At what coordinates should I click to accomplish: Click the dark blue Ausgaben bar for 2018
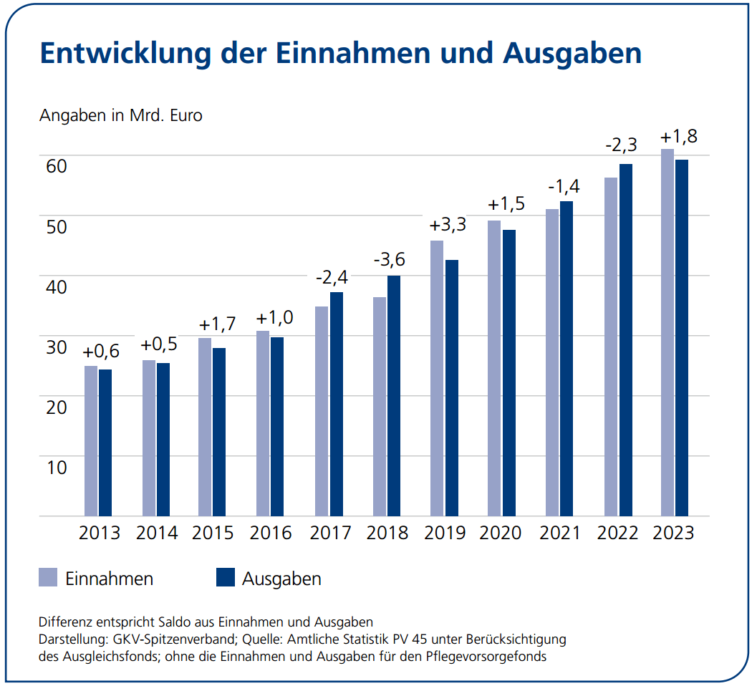point(394,395)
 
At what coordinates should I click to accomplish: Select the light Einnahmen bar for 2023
point(667,332)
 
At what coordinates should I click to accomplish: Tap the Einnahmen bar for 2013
point(91,440)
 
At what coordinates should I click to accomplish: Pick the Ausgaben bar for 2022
point(625,339)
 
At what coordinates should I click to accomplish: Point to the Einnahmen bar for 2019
point(437,378)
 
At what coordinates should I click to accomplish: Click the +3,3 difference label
point(448,225)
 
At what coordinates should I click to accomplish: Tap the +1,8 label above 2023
point(678,136)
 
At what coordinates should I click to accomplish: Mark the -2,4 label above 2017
point(332,276)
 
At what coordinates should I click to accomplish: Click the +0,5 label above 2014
point(159,344)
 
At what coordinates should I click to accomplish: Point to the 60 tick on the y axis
point(57,165)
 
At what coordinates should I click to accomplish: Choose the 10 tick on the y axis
point(57,467)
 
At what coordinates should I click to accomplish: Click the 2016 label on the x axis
point(271,533)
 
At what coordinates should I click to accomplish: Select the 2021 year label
point(559,533)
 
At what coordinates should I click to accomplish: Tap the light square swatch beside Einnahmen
point(48,577)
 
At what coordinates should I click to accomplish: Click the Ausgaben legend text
point(281,579)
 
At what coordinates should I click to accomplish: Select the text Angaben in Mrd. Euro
point(120,115)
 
